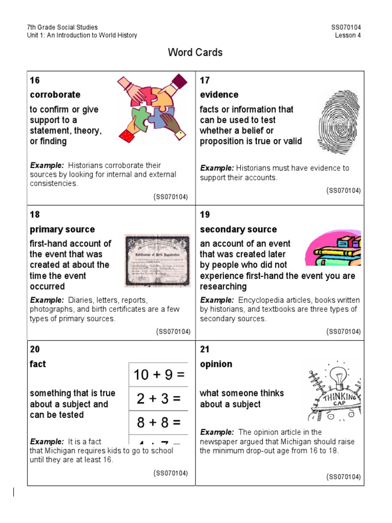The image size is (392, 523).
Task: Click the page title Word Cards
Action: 195,53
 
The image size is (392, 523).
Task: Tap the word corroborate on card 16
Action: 55,94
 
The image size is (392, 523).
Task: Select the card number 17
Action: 205,80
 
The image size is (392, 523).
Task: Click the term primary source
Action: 62,229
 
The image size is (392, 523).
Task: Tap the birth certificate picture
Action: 157,259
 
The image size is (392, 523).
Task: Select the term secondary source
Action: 238,229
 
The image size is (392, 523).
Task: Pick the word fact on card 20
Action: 38,364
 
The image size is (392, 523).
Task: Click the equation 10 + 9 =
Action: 159,375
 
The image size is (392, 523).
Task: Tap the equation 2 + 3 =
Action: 159,399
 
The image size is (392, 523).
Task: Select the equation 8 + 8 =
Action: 159,423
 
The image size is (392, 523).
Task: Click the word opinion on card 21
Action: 216,364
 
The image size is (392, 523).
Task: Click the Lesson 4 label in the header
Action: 348,35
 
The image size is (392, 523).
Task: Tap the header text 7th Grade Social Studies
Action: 62,27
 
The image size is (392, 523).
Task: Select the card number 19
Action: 205,215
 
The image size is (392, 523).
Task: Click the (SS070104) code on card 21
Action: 344,477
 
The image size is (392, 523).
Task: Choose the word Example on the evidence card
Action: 216,168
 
